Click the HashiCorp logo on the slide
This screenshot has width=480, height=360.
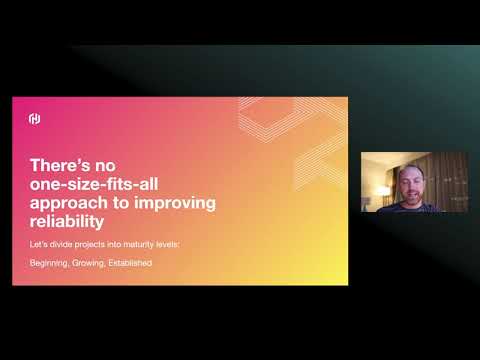pos(33,119)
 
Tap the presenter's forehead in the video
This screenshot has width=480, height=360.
pos(412,174)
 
